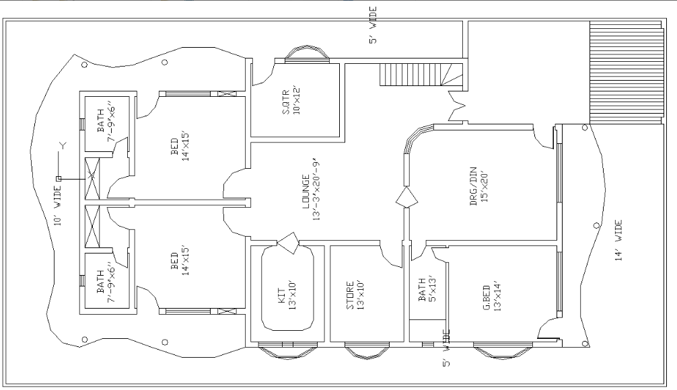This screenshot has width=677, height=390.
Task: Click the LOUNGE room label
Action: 306,192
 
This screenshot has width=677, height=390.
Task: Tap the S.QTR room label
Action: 286,102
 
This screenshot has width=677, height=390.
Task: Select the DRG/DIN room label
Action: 473,186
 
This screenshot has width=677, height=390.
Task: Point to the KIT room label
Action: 281,295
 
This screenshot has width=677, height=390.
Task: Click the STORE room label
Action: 350,295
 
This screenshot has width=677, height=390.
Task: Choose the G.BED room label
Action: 486,298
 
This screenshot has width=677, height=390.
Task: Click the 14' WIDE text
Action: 618,240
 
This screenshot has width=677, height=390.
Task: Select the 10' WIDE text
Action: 58,205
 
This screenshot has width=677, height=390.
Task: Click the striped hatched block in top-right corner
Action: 627,73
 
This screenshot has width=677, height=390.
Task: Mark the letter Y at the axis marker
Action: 63,146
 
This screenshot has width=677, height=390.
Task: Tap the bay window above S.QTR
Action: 308,54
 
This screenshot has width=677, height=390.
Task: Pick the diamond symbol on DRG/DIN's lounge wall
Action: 406,198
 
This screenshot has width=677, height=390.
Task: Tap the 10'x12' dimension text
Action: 296,102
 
